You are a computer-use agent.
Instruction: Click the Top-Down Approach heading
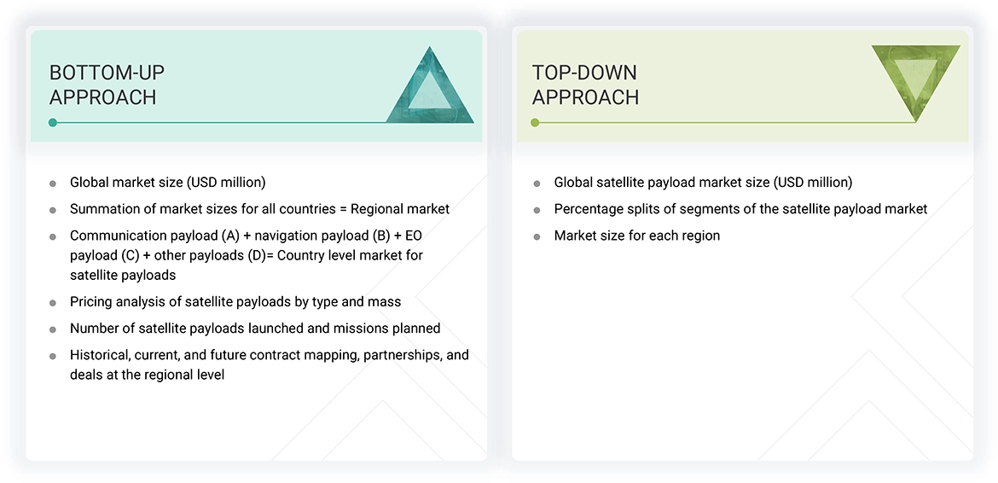pos(585,84)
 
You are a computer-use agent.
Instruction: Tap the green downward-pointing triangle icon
pos(915,79)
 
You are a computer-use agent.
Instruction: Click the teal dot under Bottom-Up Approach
pos(53,123)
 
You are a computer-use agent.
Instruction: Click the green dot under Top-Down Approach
pos(535,123)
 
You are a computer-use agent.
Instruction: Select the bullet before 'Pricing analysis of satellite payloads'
pos(53,303)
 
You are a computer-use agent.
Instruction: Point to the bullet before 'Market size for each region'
pos(537,236)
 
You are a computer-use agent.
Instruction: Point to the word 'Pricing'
pos(92,302)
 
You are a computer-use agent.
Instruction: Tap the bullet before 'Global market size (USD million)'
pos(53,183)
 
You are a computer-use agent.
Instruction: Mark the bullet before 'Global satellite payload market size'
pos(537,183)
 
